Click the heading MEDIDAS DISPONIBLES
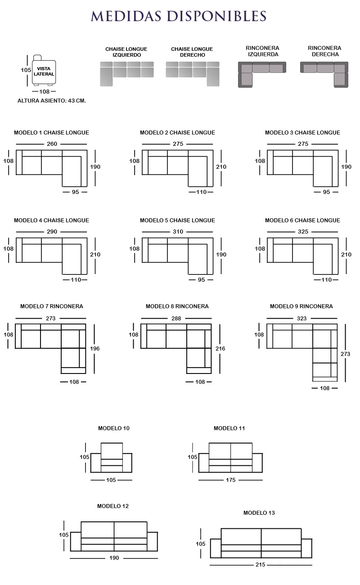(x=179, y=16)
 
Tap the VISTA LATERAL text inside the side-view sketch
(x=44, y=71)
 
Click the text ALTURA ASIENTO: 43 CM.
(x=52, y=101)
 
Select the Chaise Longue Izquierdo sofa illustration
(x=127, y=74)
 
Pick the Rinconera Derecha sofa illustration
(x=324, y=74)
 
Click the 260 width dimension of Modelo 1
(x=52, y=144)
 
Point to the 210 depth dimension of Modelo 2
(x=221, y=167)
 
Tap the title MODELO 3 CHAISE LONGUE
(x=302, y=133)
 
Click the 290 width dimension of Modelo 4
(x=52, y=232)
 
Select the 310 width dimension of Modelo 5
(x=178, y=232)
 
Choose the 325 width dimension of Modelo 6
(x=303, y=232)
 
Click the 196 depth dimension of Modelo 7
(x=95, y=349)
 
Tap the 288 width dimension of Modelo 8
(x=176, y=319)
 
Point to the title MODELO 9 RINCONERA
(x=301, y=306)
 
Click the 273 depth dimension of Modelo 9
(x=345, y=354)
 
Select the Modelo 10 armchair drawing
(x=111, y=458)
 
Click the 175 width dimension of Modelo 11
(x=231, y=480)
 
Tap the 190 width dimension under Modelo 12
(x=114, y=558)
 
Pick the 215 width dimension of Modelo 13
(x=261, y=565)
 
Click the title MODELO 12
(x=113, y=506)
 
